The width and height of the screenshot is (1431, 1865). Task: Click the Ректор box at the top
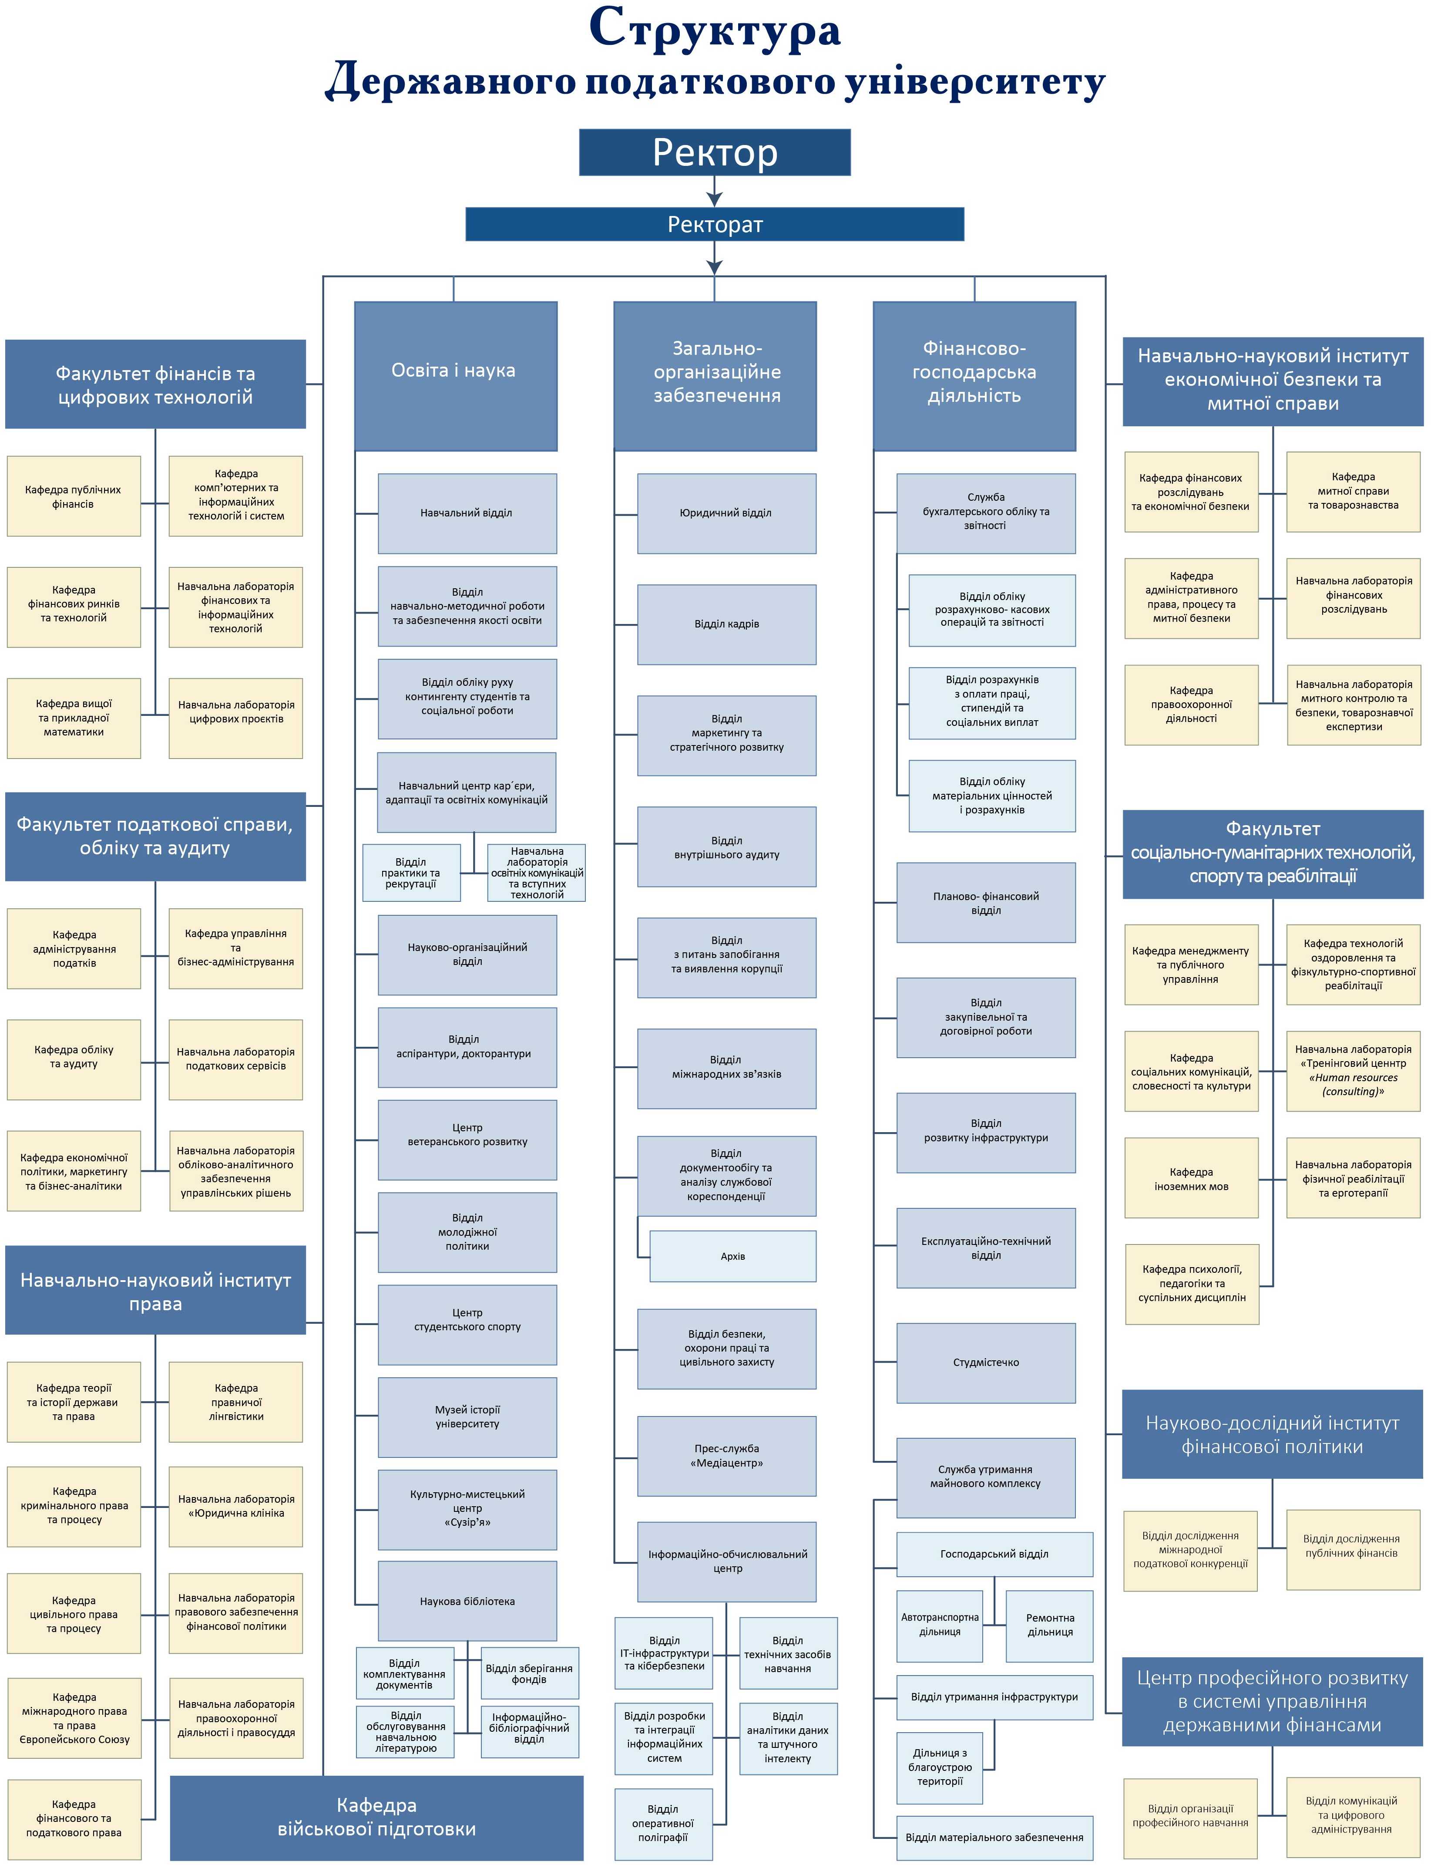(715, 152)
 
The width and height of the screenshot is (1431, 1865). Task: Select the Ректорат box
(715, 224)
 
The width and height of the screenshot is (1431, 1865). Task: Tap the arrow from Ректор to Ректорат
(715, 191)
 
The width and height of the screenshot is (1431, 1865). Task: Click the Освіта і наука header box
(456, 376)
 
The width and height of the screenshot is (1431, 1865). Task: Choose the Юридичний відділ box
(726, 513)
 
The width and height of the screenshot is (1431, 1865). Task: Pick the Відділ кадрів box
(726, 624)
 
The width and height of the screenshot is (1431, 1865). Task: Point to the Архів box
(732, 1256)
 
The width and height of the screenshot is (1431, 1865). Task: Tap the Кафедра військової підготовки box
(376, 1817)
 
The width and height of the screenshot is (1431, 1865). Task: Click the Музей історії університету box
(467, 1417)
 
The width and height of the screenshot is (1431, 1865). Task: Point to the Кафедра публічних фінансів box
(73, 497)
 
